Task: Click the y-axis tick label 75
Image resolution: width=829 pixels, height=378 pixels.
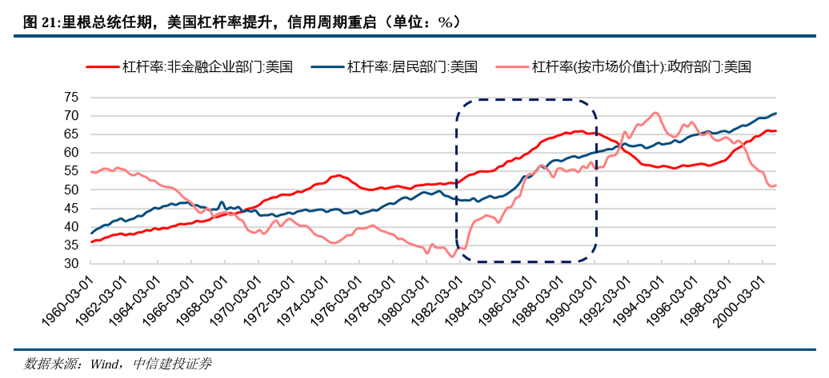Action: tap(70, 97)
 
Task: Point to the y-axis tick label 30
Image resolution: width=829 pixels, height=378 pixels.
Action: tap(70, 264)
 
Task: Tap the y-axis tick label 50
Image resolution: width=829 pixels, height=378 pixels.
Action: tap(70, 189)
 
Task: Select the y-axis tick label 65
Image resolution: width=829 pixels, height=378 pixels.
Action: tap(70, 134)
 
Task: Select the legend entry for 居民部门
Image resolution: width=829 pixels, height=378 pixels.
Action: tap(411, 67)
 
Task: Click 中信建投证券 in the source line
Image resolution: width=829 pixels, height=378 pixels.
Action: tap(171, 363)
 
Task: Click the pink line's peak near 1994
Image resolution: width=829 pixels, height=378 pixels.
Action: tap(655, 113)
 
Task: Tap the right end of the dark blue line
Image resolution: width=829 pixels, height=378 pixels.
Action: tap(775, 113)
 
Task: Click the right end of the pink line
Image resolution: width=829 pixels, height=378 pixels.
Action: tap(775, 185)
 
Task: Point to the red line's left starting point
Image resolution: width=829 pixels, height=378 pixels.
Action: tap(92, 241)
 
